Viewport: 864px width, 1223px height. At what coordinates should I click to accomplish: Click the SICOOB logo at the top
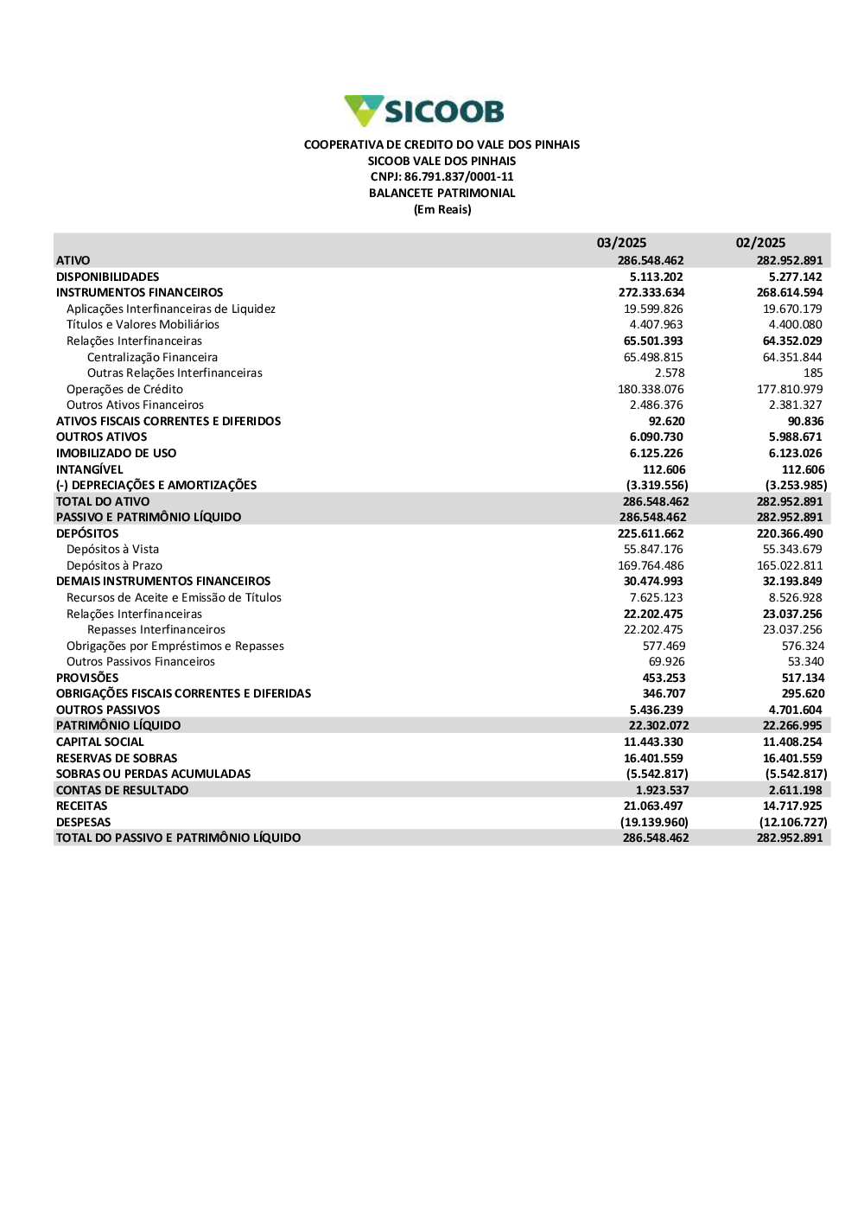424,111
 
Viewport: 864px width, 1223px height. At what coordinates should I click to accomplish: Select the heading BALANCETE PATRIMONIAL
442,194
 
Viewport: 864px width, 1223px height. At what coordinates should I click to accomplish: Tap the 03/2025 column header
621,243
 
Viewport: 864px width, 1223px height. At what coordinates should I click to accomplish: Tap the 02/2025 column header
760,243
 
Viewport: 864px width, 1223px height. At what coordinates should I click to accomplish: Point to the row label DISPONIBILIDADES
108,277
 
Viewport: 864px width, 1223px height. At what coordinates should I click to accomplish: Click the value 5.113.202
656,277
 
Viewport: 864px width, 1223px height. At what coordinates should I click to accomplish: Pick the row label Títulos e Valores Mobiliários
143,325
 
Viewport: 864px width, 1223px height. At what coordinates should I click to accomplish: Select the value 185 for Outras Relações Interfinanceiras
813,373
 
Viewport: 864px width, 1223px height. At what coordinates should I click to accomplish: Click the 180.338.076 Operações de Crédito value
651,389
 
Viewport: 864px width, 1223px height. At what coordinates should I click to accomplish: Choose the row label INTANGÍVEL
90,469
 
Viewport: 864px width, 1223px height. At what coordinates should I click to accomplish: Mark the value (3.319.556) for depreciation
657,486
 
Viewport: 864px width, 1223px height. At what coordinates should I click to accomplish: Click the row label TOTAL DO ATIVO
103,501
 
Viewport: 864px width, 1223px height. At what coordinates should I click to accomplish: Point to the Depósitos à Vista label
112,550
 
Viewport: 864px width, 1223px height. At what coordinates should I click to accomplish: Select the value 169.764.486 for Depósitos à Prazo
651,566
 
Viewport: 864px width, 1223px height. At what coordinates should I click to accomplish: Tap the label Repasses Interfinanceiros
156,630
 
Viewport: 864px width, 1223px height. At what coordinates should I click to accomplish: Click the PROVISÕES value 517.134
803,678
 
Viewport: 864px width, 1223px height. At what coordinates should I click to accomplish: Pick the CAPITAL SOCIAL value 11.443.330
653,742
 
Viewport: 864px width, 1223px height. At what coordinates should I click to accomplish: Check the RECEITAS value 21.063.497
653,806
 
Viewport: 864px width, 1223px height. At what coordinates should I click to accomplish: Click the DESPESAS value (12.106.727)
793,823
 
